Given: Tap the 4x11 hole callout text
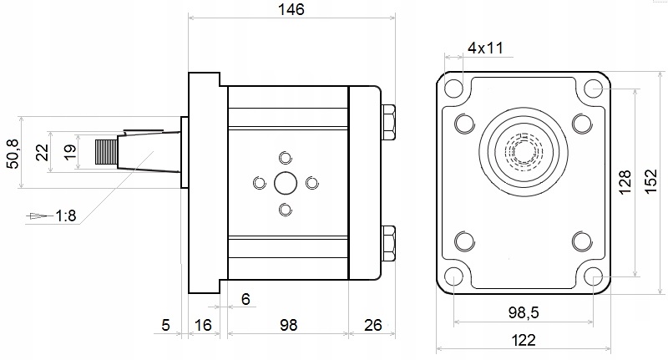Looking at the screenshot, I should [484, 48].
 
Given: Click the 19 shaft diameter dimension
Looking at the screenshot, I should [70, 152].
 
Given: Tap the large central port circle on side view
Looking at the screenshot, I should [286, 182].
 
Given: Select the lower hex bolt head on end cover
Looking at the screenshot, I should [388, 242].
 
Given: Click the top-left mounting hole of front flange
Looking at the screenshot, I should [453, 87].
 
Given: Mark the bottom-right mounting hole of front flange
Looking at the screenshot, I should [593, 276].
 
